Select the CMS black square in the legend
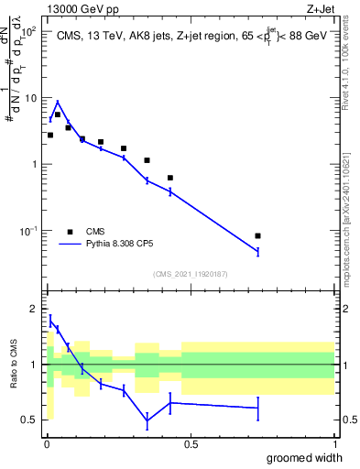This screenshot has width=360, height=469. click(x=70, y=232)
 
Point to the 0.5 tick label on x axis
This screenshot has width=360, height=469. click(x=190, y=443)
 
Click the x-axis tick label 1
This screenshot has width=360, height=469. click(x=334, y=443)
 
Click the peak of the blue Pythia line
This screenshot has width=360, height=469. click(x=57, y=102)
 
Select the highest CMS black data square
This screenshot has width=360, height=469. click(x=57, y=115)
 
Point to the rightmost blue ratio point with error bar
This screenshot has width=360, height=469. click(x=257, y=408)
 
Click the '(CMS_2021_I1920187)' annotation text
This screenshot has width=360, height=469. click(x=189, y=274)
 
